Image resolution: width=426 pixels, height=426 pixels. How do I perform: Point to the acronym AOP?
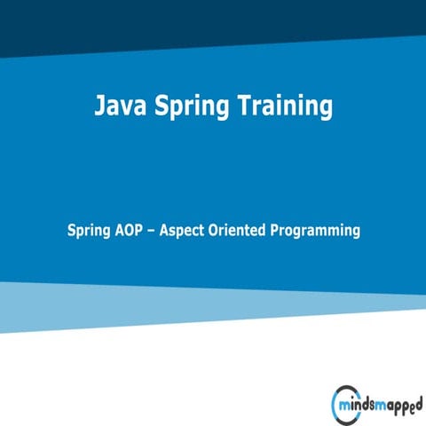pos(130,230)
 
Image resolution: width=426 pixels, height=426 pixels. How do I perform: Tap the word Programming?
pos(317,231)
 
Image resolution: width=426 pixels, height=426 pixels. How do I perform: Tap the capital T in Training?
pos(245,106)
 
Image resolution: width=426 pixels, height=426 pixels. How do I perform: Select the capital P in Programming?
pos(280,230)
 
